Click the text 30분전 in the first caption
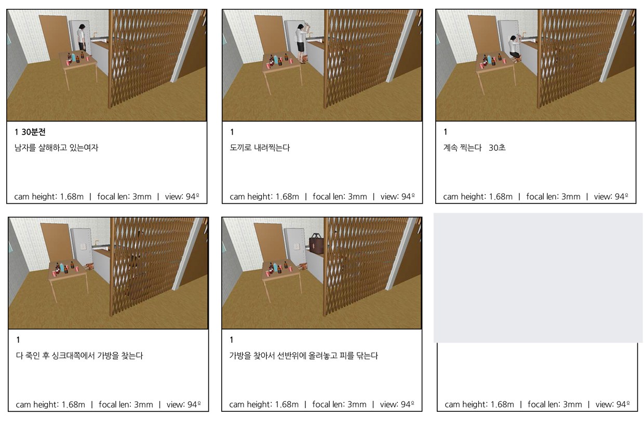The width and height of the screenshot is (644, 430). coord(34,132)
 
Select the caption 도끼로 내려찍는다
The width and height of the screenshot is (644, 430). coord(260,148)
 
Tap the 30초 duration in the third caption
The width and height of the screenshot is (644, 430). coord(497,148)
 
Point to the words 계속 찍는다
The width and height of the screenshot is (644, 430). coord(462,148)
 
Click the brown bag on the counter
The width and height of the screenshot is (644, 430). coord(316,244)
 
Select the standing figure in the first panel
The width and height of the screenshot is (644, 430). coord(82,37)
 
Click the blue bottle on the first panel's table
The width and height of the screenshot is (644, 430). coord(74,58)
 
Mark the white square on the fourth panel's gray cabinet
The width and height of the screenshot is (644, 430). coord(84,247)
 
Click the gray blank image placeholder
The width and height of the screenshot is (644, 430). coord(538,278)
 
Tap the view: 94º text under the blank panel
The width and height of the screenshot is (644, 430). coord(612,405)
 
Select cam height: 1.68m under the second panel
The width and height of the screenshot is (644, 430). coord(264,197)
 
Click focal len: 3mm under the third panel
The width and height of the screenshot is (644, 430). coord(553,197)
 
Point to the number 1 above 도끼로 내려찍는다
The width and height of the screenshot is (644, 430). coord(232,132)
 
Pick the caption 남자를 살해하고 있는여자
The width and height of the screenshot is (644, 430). coord(56,148)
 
